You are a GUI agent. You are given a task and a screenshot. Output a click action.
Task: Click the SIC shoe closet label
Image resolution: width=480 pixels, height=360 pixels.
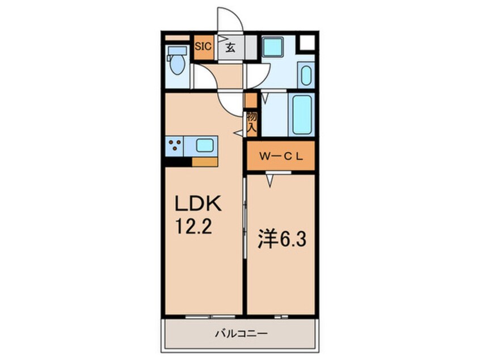coord(203,48)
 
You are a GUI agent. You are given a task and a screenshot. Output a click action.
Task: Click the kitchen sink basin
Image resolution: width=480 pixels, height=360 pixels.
coord(205,145)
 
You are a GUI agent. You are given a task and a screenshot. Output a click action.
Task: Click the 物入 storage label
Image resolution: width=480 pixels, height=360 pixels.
coord(252,121)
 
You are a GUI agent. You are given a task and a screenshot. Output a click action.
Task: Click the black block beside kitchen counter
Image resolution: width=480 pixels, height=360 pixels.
coord(178,161)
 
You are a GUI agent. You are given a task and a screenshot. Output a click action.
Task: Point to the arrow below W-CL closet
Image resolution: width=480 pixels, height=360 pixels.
coord(271,181)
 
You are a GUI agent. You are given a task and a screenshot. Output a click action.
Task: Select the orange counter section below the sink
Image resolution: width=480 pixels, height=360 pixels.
coord(205,162)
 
